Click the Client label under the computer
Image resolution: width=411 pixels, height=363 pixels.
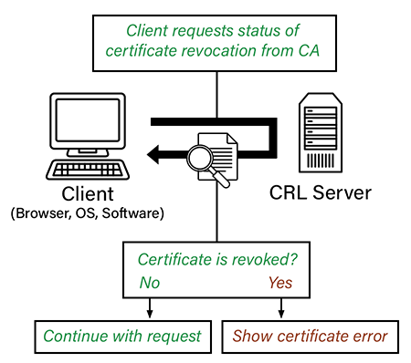coord(88,195)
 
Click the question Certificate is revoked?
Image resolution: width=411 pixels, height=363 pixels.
coord(217,259)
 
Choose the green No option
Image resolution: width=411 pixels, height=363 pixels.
coord(149,283)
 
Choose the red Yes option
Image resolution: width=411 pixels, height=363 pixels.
coord(280,283)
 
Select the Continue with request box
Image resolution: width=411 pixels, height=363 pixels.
coord(124,336)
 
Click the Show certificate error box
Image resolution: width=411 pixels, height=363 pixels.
coord(310,336)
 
